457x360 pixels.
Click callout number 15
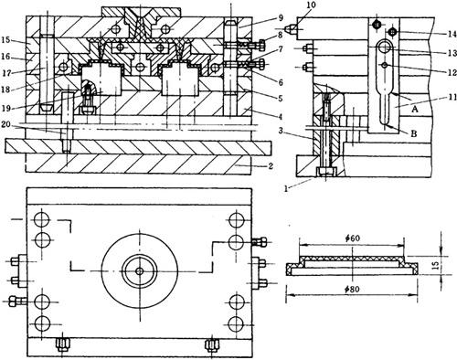tap(5, 40)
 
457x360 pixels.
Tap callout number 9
tap(281, 18)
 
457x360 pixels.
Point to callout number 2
tap(271, 166)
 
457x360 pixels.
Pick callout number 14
tap(452, 33)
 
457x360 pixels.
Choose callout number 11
tap(452, 97)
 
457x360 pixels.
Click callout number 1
tap(286, 188)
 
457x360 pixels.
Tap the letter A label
tap(414, 109)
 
